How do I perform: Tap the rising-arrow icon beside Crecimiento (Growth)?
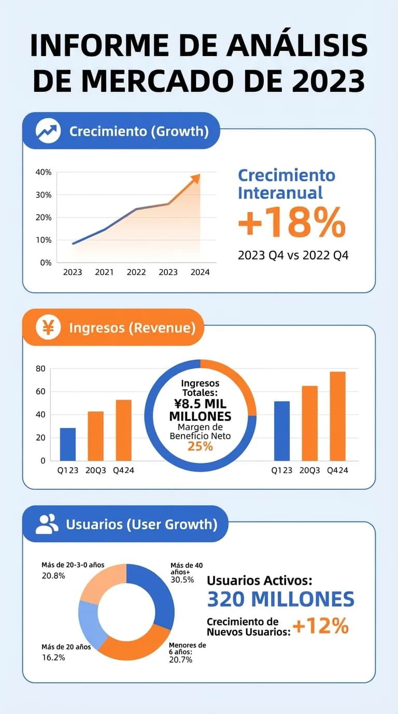48,131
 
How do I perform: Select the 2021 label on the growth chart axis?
104,272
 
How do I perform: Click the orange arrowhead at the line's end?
195,178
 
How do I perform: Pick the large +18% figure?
291,223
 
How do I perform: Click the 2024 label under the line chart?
200,272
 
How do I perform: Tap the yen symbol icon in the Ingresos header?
48,327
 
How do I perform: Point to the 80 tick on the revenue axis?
40,369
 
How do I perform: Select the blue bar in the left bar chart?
68,444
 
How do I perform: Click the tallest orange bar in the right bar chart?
337,416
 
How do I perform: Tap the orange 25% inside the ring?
201,446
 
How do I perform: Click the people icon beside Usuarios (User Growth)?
47,524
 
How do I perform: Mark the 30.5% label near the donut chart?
182,580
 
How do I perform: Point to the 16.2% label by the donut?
53,657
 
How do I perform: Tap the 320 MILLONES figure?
280,599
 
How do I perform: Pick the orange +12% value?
320,626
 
